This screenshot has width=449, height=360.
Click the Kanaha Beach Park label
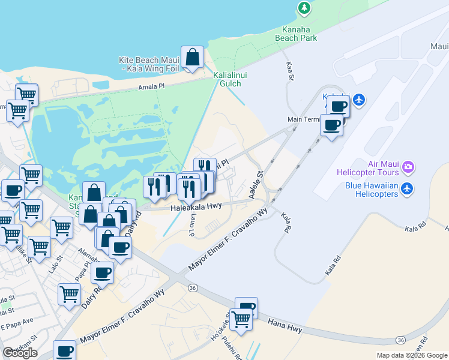295,33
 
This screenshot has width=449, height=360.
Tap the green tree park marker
304,8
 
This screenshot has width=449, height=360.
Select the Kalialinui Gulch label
227,79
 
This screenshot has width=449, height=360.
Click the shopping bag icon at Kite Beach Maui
193,58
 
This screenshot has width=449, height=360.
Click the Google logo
20,353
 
